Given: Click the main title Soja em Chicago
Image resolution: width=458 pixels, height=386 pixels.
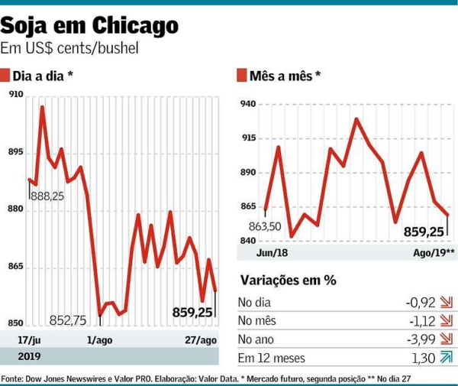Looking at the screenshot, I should click(x=90, y=27).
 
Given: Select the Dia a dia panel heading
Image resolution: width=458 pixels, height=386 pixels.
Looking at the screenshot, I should click(x=42, y=76).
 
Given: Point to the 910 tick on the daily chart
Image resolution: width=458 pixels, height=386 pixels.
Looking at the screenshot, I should click(x=15, y=94).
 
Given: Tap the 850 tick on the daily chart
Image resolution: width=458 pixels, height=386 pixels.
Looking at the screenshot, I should click(x=15, y=323).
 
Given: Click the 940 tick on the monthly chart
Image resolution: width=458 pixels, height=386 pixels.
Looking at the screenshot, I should click(x=249, y=104).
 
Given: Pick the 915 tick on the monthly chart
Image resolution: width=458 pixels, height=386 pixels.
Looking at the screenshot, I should click(x=249, y=138).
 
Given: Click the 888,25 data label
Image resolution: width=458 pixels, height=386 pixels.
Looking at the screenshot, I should click(x=47, y=196).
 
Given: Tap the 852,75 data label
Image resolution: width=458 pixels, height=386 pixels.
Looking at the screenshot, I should click(x=68, y=320).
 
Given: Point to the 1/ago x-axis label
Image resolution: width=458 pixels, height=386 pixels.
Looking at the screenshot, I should click(x=99, y=339).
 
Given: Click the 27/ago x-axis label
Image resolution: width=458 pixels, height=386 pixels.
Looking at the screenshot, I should click(x=201, y=339).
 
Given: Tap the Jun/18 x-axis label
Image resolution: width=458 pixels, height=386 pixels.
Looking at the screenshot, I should click(x=254, y=251).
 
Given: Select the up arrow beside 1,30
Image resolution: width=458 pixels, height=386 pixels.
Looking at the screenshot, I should click(x=447, y=357).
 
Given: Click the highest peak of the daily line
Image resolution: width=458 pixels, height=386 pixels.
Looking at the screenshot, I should click(x=42, y=107).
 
